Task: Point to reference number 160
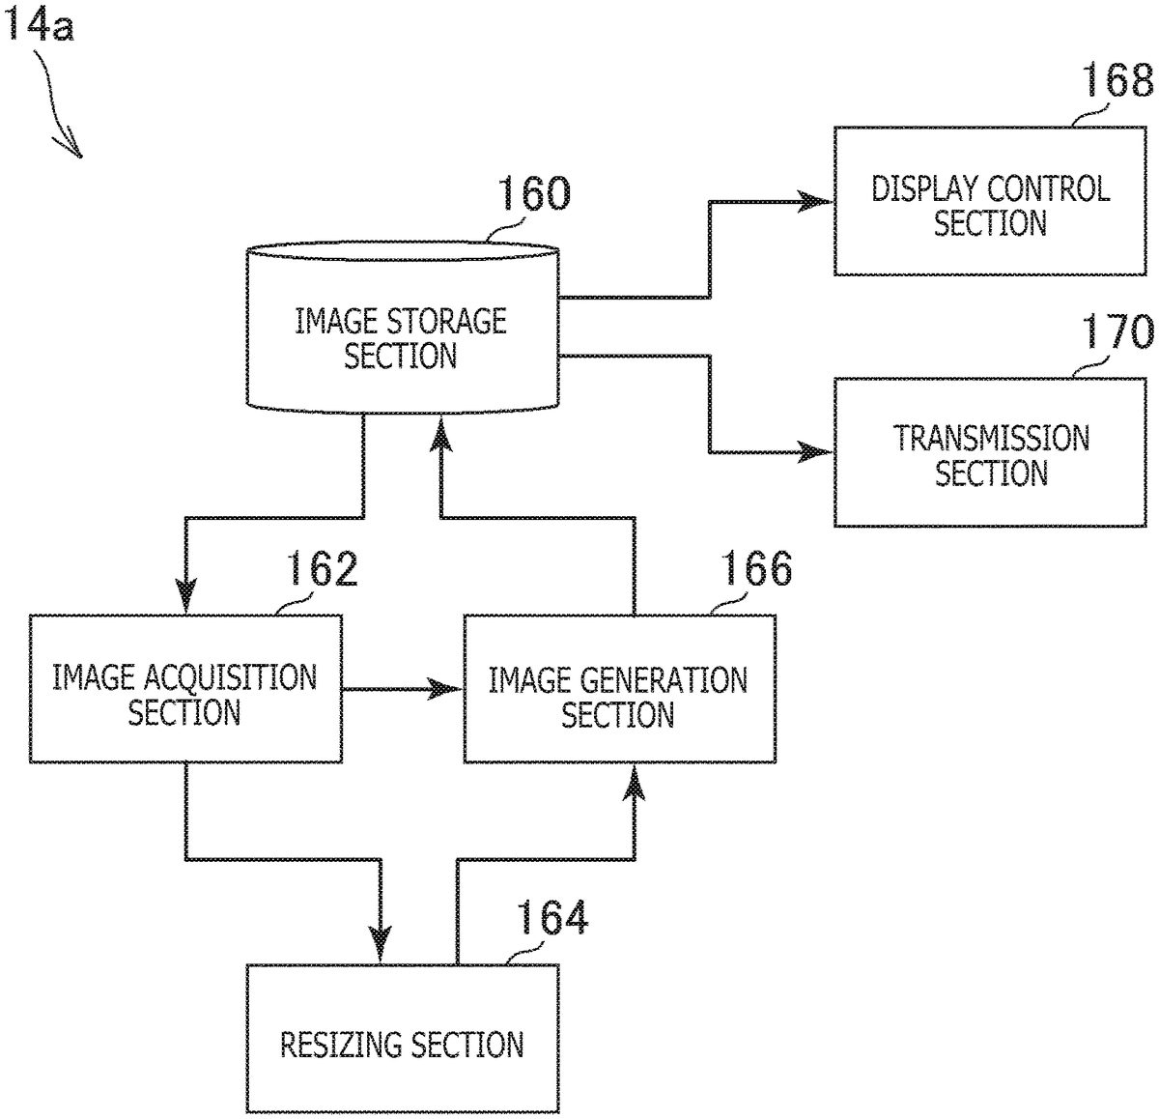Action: (532, 193)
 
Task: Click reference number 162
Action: (320, 569)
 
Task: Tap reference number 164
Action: (551, 917)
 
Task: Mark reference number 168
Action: (1116, 81)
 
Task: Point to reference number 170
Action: (1116, 332)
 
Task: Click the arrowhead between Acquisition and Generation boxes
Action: (447, 689)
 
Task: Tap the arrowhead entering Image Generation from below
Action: (635, 781)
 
